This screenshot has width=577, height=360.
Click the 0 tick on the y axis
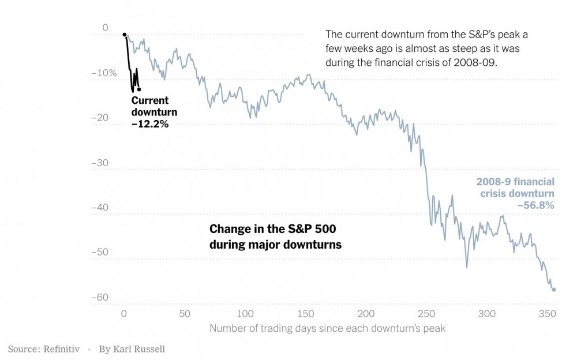105,28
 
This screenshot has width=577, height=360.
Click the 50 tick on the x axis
185,314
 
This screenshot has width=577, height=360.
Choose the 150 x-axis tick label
306,314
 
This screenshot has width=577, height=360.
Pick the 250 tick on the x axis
426,314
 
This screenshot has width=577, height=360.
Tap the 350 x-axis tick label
548,314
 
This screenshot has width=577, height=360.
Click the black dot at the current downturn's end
139,89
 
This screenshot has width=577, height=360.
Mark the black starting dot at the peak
125,35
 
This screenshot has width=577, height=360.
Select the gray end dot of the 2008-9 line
554,290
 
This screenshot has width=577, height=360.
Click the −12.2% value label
150,123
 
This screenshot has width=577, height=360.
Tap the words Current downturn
154,106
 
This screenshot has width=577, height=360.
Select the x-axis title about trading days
328,329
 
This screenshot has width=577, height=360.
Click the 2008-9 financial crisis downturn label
515,187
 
